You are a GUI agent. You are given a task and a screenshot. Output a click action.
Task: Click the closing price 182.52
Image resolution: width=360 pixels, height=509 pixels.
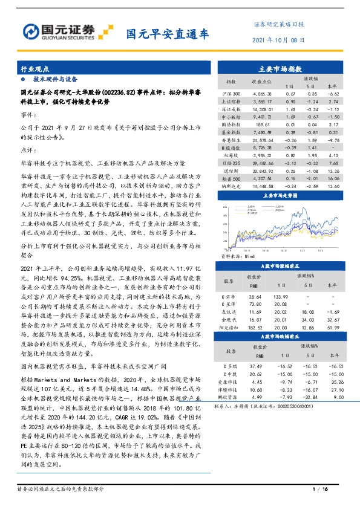[x=255, y=326]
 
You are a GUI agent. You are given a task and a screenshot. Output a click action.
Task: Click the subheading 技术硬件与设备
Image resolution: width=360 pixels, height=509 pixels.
[x=55, y=79]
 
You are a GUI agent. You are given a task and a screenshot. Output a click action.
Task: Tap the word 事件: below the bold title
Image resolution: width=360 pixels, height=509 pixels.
[x=29, y=114]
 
